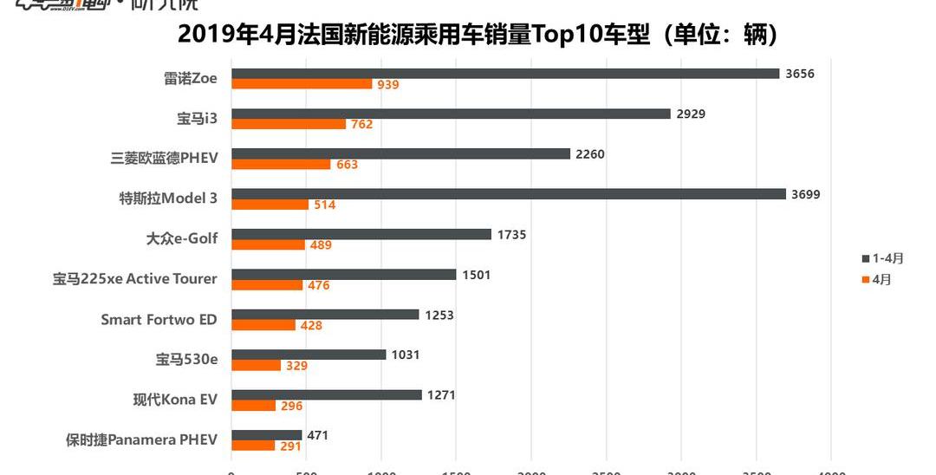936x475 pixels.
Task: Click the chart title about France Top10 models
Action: (478, 36)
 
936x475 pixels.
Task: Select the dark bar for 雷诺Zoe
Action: (505, 74)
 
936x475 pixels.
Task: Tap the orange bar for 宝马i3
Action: (289, 124)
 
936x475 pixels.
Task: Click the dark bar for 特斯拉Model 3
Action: (509, 194)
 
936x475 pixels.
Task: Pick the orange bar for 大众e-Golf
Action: (268, 244)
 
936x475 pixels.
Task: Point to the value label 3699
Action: (805, 194)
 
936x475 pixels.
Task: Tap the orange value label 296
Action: (291, 406)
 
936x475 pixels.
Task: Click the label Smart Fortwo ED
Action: (159, 319)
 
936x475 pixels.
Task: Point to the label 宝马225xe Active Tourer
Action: (135, 278)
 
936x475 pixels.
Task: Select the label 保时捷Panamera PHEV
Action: (141, 439)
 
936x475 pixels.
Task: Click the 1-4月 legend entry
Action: (883, 258)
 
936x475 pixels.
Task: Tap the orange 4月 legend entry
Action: (877, 279)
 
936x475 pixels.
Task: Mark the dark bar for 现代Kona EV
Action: (327, 395)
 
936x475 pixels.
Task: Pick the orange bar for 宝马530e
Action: (256, 365)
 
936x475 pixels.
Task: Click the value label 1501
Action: (476, 275)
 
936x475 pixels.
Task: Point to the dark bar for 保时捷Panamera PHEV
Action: (266, 435)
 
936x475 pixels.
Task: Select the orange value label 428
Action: (310, 325)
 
